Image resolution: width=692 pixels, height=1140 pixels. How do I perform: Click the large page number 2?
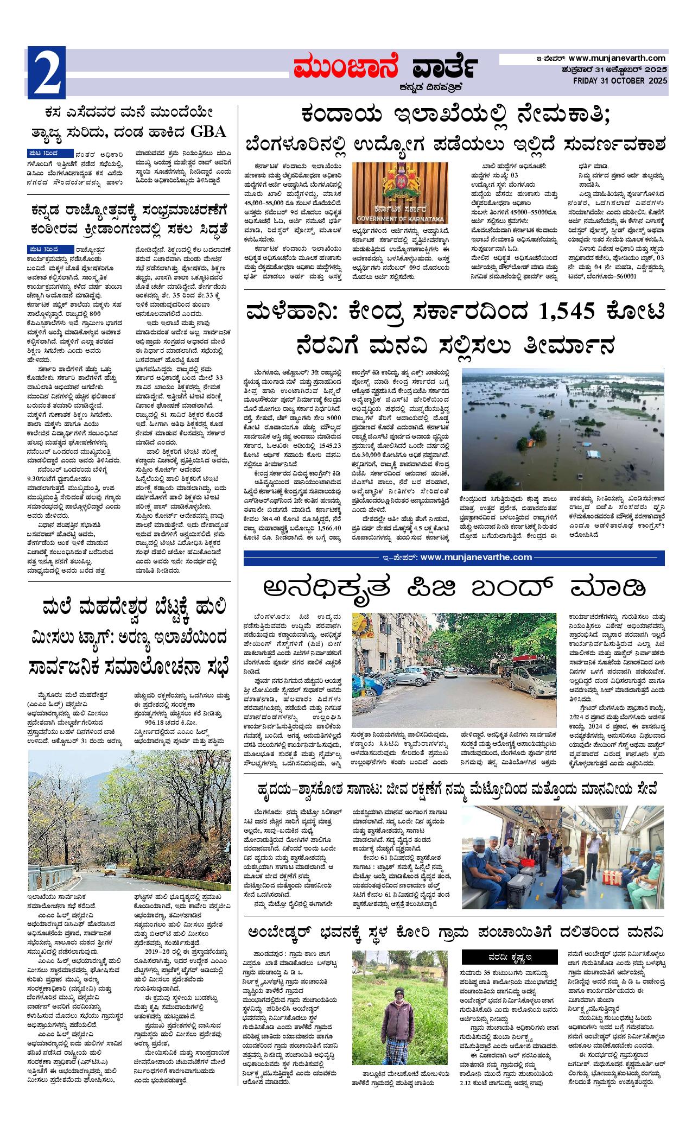point(47,72)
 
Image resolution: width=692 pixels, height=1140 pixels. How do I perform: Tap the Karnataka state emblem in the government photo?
point(400,183)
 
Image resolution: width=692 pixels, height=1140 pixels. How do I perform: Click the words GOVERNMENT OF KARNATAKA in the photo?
point(400,219)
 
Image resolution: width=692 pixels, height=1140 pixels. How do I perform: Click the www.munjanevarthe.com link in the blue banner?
point(476,557)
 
